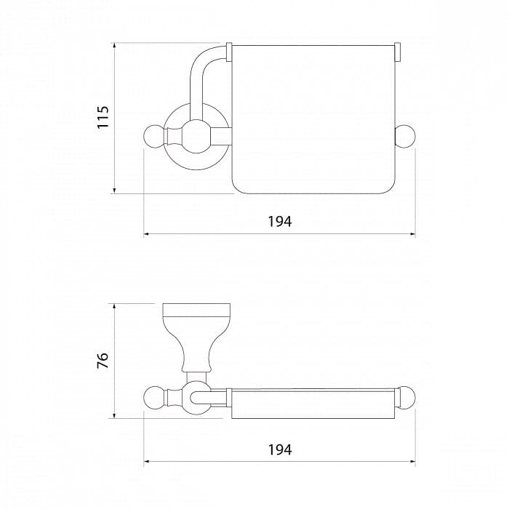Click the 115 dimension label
pos(103,117)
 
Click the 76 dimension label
pos(103,360)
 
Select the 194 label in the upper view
pos(280,222)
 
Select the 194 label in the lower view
pos(280,450)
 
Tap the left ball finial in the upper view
pos(155,136)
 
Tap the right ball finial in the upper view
pos(405,136)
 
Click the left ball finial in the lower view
pos(155,398)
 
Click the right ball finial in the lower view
pos(406,398)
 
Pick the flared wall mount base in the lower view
pos(196,337)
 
